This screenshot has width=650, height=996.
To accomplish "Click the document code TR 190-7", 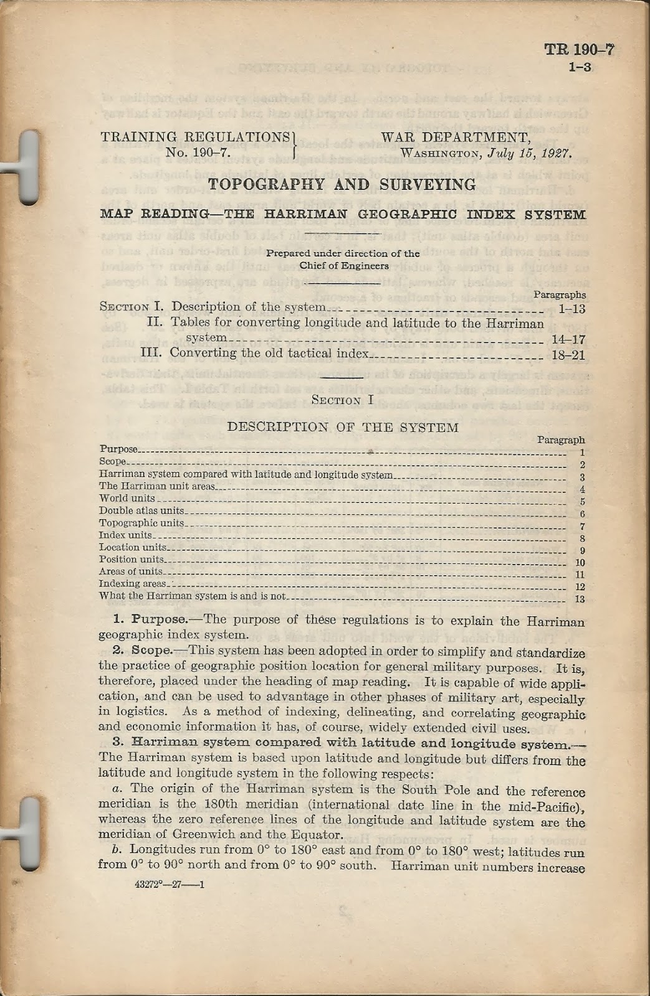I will pos(579,50).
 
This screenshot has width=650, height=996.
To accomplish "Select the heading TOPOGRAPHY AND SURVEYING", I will pos(342,185).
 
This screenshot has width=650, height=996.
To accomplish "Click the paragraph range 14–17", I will pos(568,340).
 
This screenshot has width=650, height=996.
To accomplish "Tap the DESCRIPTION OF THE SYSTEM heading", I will pos(343,427).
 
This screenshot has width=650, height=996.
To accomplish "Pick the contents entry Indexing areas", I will pos(133,584).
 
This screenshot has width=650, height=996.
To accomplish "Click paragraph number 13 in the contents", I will pos(580,599).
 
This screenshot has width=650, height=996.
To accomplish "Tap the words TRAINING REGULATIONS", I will pos(195,137).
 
